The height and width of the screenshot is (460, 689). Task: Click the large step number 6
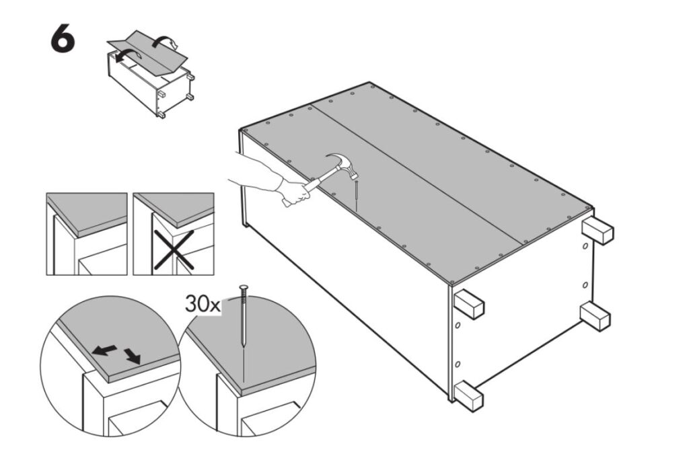click(63, 38)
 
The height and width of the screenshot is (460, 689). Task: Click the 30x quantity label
click(202, 303)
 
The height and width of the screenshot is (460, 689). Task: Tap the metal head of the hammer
click(342, 165)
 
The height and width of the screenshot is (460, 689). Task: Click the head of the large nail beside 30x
click(244, 288)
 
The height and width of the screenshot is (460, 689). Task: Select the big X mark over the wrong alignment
click(174, 250)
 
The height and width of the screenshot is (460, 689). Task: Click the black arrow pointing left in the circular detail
click(104, 350)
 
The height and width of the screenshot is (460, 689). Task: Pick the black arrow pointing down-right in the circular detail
click(132, 356)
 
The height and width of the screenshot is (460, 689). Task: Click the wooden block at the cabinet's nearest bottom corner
click(469, 396)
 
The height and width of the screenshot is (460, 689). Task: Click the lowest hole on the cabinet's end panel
click(458, 365)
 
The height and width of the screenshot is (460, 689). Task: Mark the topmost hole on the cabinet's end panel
click(585, 246)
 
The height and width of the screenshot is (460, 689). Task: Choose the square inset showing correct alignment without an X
click(87, 234)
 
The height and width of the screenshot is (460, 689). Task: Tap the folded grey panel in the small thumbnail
click(147, 52)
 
